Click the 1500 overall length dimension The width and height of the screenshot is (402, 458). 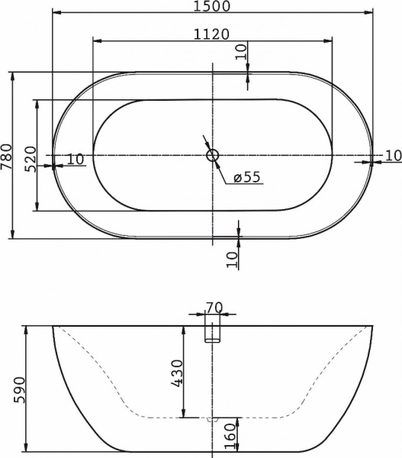pyautogui.click(x=212, y=7)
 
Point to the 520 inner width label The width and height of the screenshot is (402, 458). pyautogui.click(x=30, y=158)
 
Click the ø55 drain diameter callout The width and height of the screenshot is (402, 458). pyautogui.click(x=246, y=177)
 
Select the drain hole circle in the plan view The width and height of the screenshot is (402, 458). pyautogui.click(x=213, y=156)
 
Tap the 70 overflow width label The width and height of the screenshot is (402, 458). pyautogui.click(x=214, y=308)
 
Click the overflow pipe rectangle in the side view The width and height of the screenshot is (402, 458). pyautogui.click(x=213, y=334)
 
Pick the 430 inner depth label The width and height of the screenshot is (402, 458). pyautogui.click(x=176, y=373)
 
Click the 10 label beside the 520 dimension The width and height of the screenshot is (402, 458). pyautogui.click(x=75, y=160)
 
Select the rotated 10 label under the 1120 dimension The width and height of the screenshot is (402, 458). pyautogui.click(x=241, y=52)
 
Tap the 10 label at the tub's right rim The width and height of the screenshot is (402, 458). pyautogui.click(x=391, y=156)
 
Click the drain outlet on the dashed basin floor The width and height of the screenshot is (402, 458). pyautogui.click(x=213, y=419)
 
